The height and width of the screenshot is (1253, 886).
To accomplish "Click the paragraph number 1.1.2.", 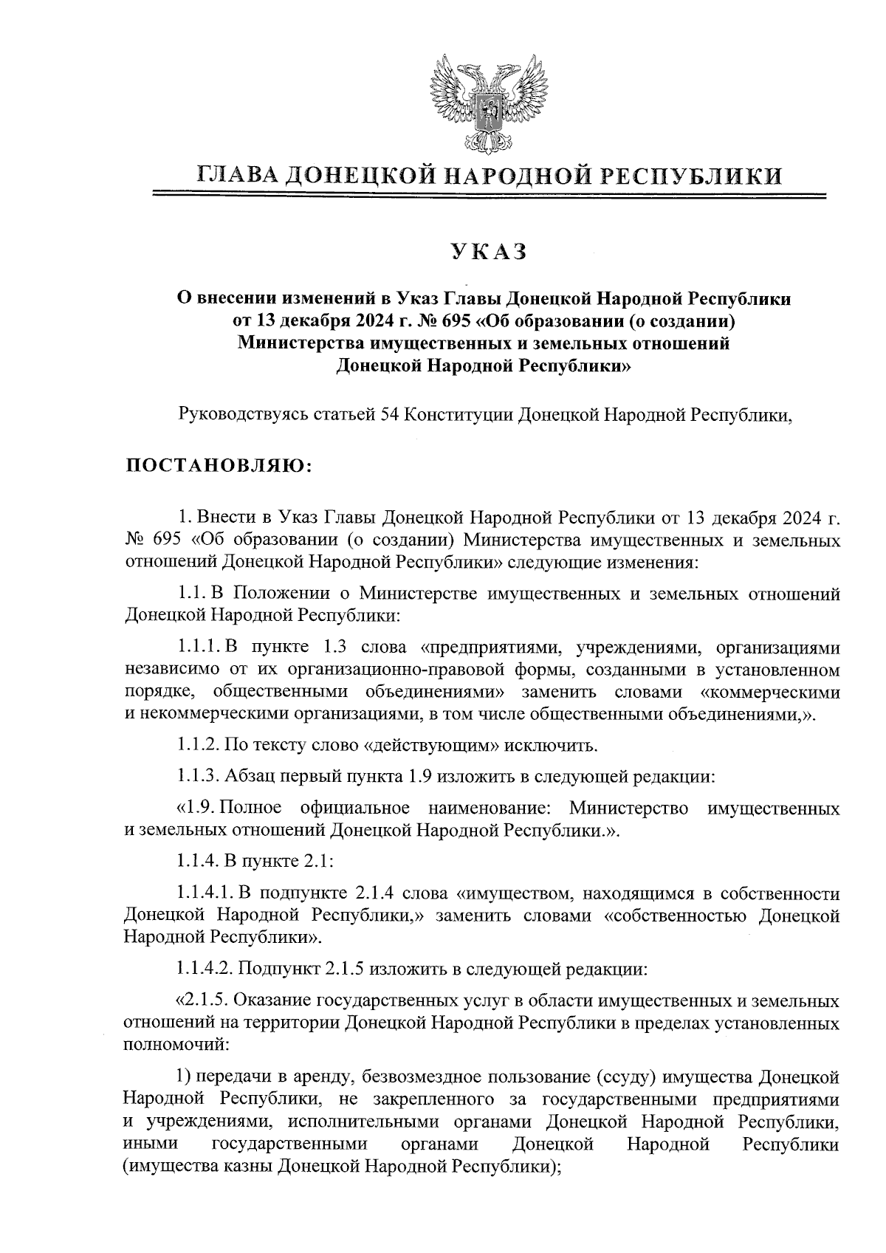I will [x=198, y=745].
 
